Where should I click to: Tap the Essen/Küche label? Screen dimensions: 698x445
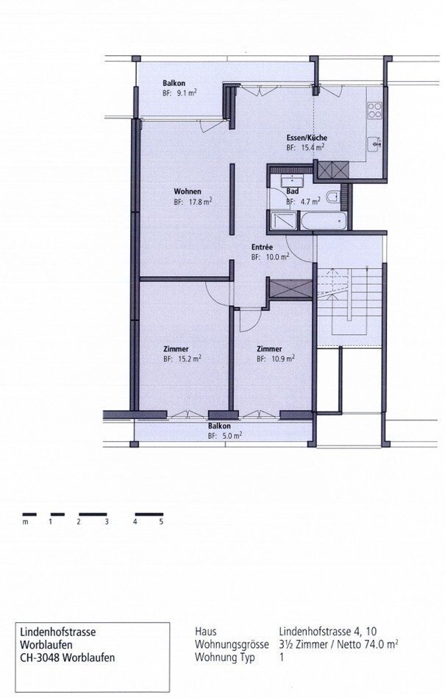(x=307, y=138)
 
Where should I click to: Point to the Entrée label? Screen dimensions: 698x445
(x=262, y=247)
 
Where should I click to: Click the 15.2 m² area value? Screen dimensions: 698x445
(x=192, y=359)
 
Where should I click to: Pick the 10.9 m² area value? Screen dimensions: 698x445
(x=285, y=359)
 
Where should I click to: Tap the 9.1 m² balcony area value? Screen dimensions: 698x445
(x=191, y=94)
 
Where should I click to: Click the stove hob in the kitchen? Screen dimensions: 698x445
(x=374, y=110)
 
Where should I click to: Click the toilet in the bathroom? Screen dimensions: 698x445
(x=334, y=197)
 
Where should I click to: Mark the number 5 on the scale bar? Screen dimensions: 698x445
(x=161, y=522)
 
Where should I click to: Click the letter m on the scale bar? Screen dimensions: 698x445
(x=24, y=522)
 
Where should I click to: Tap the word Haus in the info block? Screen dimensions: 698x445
(x=207, y=632)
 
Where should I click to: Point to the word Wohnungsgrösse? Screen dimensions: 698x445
(x=229, y=644)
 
